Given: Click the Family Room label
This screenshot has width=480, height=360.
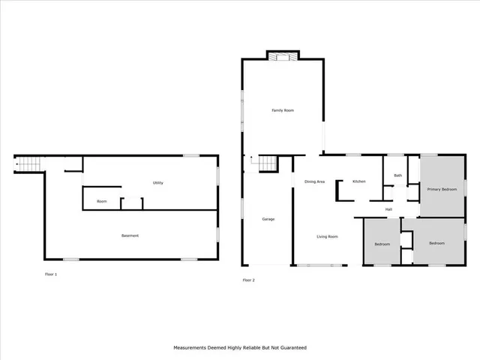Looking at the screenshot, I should pos(283,111).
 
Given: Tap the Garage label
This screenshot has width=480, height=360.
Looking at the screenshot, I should pos(268,219).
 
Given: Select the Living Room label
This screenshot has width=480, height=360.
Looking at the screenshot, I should pos(327,237).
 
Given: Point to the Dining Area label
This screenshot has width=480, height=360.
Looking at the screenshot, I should pos(314,182).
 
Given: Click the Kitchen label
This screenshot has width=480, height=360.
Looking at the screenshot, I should pos(359,182).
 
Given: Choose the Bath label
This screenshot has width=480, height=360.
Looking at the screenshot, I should pos(397,175).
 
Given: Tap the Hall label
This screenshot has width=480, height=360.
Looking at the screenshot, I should pos(388,209).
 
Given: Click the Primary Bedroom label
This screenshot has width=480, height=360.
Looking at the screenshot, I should pos(442,189).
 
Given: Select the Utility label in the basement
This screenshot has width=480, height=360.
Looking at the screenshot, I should pos(158,183).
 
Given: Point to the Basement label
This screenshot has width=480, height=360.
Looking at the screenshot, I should pos(130,236).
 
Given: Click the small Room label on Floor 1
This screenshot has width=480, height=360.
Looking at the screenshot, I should pos(101,201).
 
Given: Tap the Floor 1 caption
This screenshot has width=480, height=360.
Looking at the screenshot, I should pos(51,274).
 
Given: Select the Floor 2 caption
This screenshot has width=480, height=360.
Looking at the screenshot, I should pos(249,280).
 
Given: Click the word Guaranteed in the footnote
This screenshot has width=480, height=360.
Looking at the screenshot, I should pos(292,348).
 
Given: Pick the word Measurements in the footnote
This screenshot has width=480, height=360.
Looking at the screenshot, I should pos(191,348).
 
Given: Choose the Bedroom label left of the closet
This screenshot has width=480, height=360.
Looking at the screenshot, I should pos(382,244).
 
